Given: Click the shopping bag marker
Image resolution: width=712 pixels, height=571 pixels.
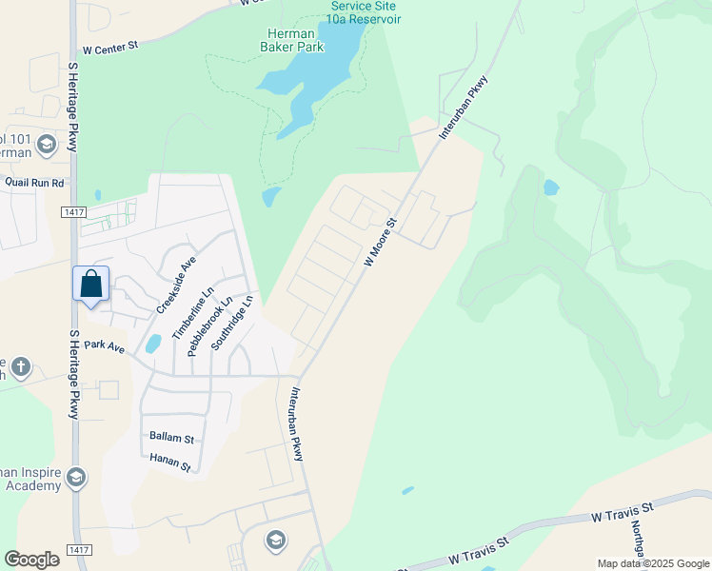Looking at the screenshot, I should (90, 284).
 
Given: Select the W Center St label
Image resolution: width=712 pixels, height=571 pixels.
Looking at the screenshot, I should (110, 49).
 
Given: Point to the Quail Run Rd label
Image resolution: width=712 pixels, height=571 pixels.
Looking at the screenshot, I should (33, 182).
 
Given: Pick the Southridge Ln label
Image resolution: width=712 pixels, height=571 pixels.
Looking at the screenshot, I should (231, 323).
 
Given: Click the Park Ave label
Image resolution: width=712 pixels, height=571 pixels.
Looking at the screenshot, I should (104, 347).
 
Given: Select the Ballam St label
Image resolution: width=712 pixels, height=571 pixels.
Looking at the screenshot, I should (171, 439).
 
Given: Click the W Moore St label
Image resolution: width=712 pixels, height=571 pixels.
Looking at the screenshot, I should (380, 243).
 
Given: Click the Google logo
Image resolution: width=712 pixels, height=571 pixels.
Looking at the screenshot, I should (31, 560).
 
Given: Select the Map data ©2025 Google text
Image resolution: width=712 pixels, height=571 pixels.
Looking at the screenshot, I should (652, 563).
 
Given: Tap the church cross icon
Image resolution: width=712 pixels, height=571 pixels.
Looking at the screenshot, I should (21, 365).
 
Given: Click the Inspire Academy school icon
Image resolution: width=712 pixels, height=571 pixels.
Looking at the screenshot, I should (76, 476).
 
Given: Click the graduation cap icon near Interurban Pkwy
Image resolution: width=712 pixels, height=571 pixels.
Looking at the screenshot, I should (276, 540).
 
